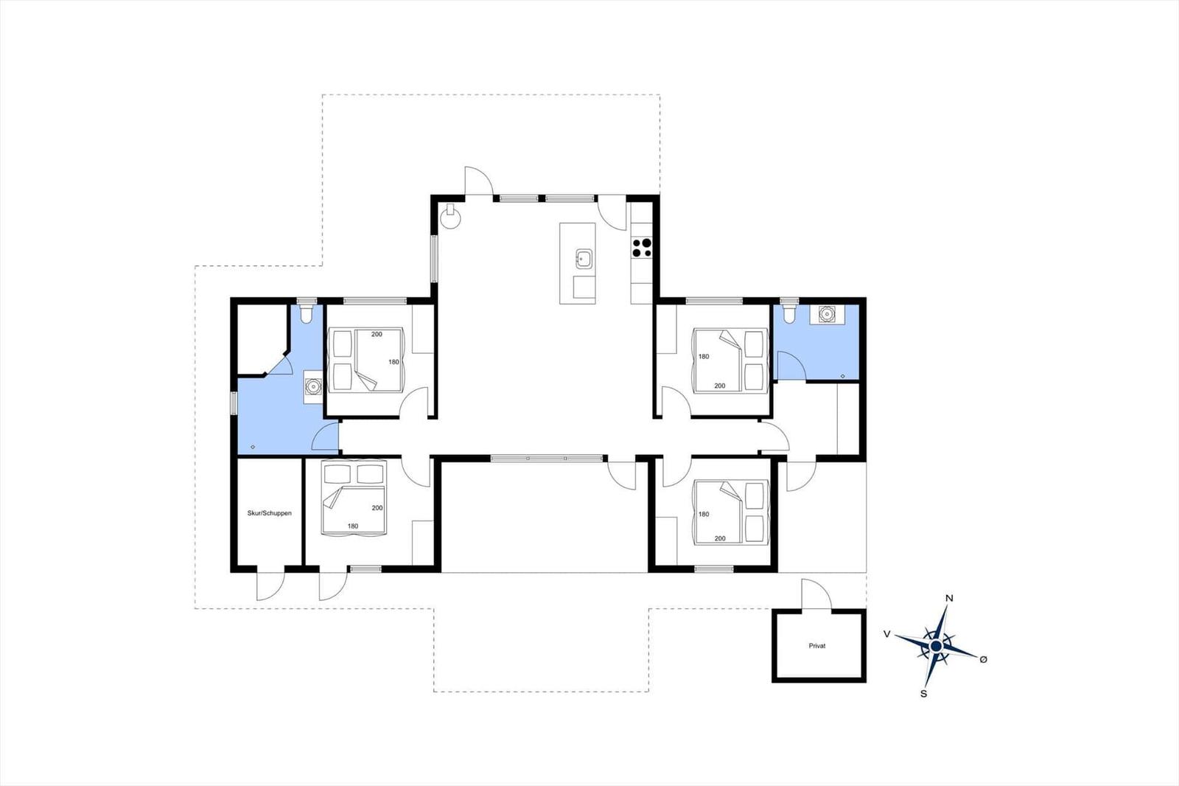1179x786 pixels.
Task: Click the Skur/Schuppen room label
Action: [270, 513]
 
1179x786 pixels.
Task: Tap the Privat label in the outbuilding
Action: [817, 646]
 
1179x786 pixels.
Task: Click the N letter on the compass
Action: [950, 598]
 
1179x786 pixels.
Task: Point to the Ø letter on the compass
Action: [983, 659]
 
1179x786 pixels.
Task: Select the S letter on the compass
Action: [923, 694]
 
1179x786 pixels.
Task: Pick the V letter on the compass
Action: [887, 634]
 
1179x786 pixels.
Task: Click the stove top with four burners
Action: [642, 248]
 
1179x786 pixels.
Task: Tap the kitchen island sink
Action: [584, 259]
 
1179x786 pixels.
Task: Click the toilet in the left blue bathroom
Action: [305, 313]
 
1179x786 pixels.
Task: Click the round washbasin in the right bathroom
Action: [827, 315]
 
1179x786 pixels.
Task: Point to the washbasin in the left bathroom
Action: [313, 386]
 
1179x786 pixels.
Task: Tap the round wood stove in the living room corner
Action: [450, 217]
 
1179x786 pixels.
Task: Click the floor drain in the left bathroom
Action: [253, 448]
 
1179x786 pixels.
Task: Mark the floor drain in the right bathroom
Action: [843, 376]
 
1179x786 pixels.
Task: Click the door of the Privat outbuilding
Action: [816, 594]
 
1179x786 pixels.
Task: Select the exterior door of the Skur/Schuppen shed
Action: [270, 585]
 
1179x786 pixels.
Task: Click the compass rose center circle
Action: [936, 646]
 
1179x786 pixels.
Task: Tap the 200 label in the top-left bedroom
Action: [377, 334]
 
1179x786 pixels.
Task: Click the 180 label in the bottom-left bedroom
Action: [353, 526]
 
